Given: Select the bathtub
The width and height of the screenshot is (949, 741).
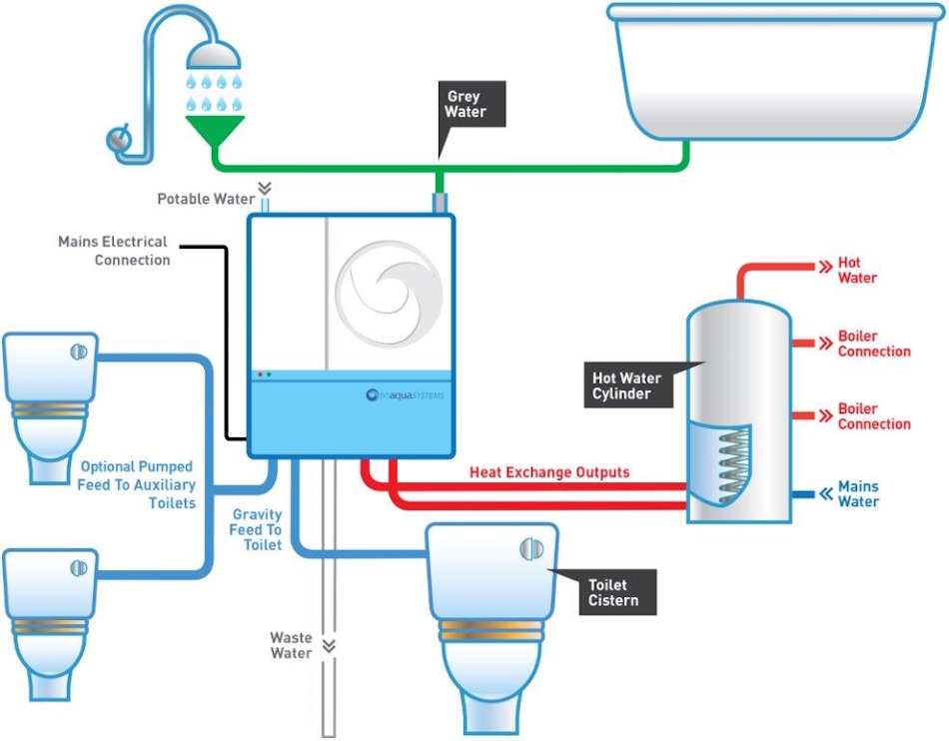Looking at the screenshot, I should pyautogui.click(x=774, y=75).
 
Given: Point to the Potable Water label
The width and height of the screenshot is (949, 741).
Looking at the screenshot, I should pyautogui.click(x=205, y=199).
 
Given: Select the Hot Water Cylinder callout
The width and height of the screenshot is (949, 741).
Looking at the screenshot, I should pyautogui.click(x=626, y=385).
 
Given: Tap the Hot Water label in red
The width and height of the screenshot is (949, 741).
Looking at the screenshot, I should pyautogui.click(x=857, y=270).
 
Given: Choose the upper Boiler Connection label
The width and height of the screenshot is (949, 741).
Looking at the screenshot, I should pyautogui.click(x=874, y=344).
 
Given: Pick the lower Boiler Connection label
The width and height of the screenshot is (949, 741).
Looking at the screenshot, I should pyautogui.click(x=874, y=416).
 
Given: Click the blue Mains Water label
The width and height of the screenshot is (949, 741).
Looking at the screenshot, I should pyautogui.click(x=858, y=493).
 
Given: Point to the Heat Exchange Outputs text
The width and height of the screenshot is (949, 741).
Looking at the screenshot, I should pyautogui.click(x=549, y=472).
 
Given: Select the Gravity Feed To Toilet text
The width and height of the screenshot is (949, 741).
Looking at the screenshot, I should pyautogui.click(x=256, y=529).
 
